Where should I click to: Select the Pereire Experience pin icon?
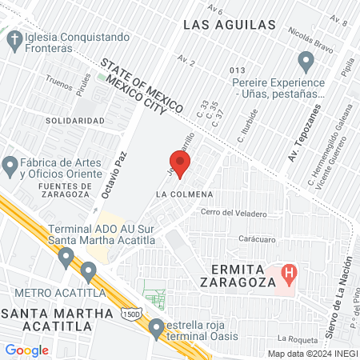click(x=306, y=60)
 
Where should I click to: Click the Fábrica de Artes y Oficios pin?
click(x=10, y=166)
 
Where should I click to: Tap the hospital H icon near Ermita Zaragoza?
click(x=290, y=275)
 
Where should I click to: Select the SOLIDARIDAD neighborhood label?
click(x=75, y=121)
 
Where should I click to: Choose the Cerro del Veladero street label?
click(x=234, y=213)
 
